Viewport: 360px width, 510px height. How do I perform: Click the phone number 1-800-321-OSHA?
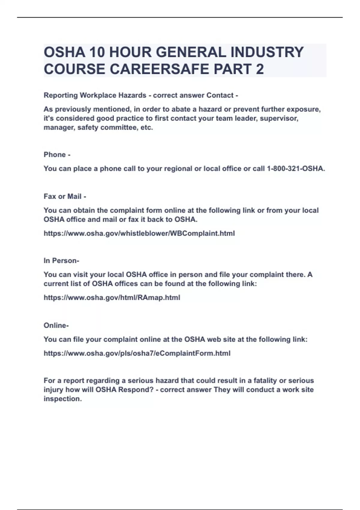(295, 169)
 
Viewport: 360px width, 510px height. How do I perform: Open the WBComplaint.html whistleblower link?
(139, 233)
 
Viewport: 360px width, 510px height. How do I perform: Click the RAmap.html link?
(112, 298)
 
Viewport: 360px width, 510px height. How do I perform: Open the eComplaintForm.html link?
(137, 353)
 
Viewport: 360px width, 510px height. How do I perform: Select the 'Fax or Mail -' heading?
(65, 196)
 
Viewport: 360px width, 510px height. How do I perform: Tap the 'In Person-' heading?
(61, 261)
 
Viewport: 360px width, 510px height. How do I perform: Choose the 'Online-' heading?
(56, 325)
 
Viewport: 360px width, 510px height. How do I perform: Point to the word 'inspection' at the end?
(62, 399)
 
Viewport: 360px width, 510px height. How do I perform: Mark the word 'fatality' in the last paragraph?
(263, 381)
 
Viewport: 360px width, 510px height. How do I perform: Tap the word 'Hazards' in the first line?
(132, 95)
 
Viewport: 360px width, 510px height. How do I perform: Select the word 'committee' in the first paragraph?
(119, 127)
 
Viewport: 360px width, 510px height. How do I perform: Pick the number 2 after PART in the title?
(260, 69)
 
